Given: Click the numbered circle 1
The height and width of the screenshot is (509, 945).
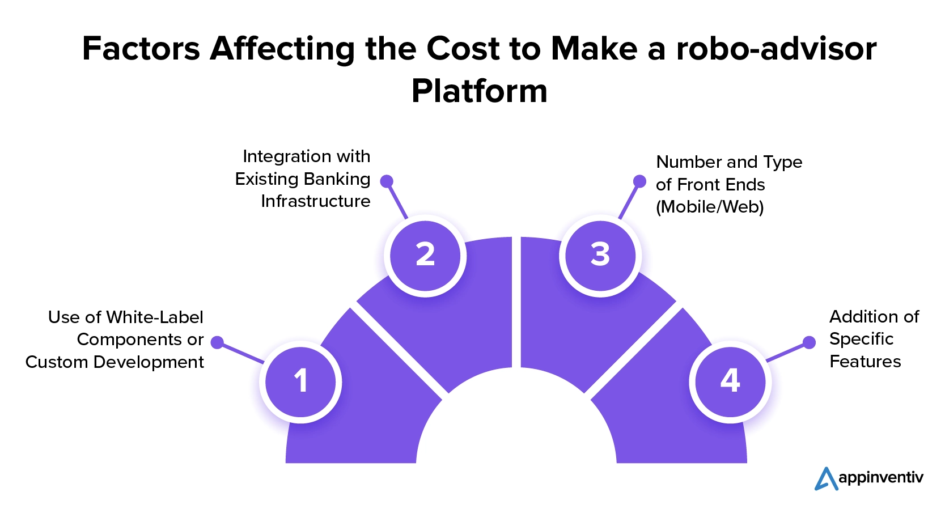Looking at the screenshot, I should pyautogui.click(x=301, y=381).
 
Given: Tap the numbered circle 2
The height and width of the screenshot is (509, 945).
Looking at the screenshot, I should pyautogui.click(x=425, y=255).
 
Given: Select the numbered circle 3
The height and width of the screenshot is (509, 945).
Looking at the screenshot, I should pyautogui.click(x=600, y=255).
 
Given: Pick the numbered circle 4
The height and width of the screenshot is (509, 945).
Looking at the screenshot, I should pyautogui.click(x=730, y=381).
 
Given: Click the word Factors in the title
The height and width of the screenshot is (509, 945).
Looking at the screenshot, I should pyautogui.click(x=141, y=49).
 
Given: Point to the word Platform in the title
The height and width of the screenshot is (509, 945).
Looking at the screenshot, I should pyautogui.click(x=480, y=91).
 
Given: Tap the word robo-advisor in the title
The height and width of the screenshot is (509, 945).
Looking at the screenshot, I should pyautogui.click(x=776, y=49).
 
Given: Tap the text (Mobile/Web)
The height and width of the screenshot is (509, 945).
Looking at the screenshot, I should pyautogui.click(x=710, y=207).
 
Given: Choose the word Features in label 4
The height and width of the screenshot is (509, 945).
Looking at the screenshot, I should pyautogui.click(x=865, y=362).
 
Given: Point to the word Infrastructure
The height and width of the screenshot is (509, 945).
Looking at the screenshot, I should pyautogui.click(x=315, y=201).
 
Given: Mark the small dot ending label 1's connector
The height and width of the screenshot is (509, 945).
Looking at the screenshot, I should pyautogui.click(x=217, y=342).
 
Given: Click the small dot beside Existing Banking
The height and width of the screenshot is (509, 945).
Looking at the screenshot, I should pyautogui.click(x=387, y=181).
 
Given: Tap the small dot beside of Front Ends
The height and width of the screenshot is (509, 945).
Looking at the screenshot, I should pyautogui.click(x=639, y=181).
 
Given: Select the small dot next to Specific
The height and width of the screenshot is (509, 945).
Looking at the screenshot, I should pyautogui.click(x=810, y=342).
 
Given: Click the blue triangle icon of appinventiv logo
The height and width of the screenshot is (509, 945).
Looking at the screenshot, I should pyautogui.click(x=825, y=479).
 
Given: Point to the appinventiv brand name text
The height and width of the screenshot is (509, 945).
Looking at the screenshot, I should pyautogui.click(x=880, y=478).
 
